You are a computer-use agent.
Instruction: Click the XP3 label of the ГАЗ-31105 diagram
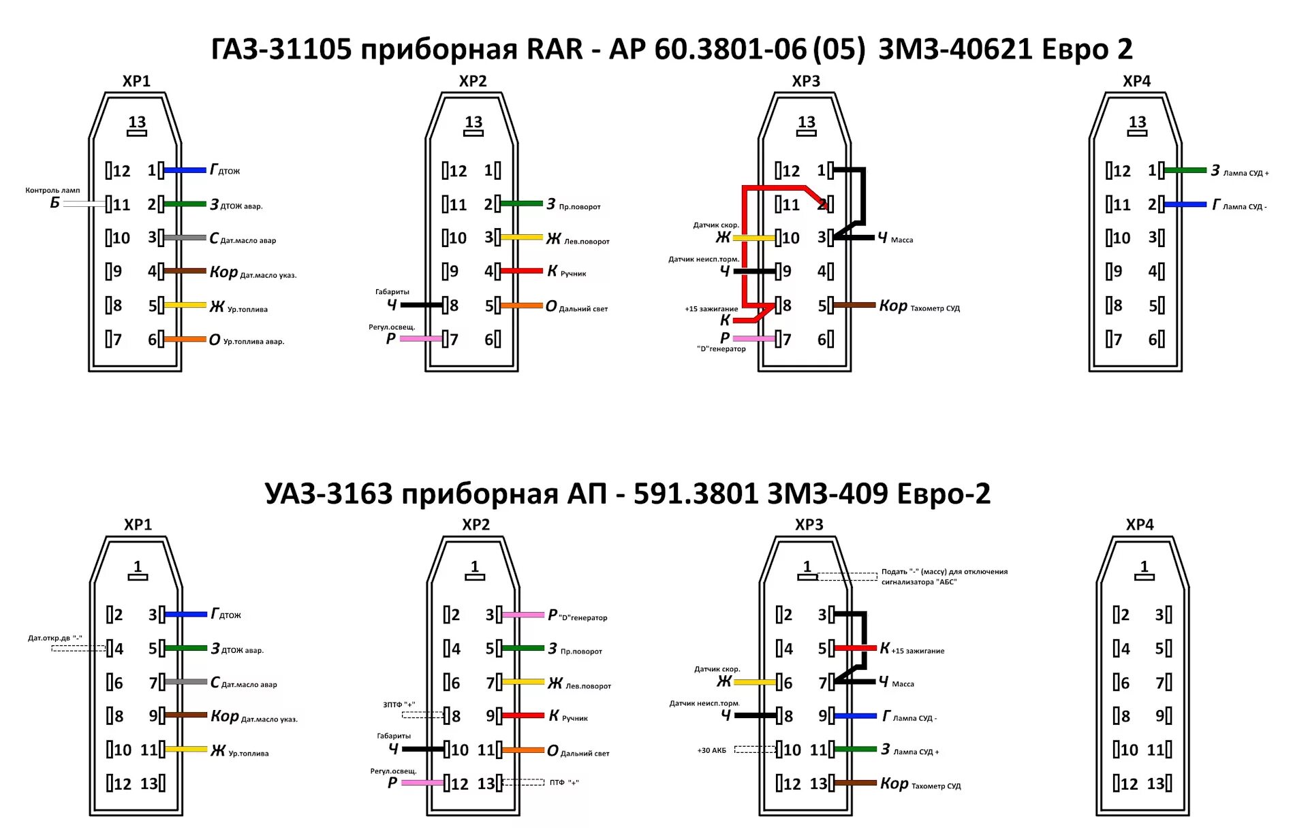[x=806, y=81]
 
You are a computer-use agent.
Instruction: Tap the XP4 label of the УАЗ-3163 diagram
[x=1140, y=525]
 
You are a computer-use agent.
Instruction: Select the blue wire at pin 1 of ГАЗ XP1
[x=185, y=170]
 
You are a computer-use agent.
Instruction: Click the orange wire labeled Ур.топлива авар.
[x=185, y=339]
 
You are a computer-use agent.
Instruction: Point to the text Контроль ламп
[x=52, y=191]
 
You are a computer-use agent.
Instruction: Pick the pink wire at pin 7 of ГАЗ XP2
[x=421, y=338]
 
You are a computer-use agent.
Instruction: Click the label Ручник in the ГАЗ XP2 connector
[x=573, y=274]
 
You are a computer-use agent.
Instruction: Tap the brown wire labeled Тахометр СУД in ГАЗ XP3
[x=855, y=305]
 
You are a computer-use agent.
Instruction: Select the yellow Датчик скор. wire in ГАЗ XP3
[x=753, y=238]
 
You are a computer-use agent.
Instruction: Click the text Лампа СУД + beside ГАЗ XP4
[x=1246, y=174]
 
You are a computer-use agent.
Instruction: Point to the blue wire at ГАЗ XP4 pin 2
[x=1185, y=204]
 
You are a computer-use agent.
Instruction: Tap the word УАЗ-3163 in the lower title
[x=328, y=494]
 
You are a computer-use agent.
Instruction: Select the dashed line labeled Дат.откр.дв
[x=78, y=648]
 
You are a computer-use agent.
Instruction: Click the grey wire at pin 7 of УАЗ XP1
[x=186, y=681]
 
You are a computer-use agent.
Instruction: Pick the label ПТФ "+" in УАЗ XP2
[x=564, y=783]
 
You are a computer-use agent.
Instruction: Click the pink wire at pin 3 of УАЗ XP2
[x=523, y=615]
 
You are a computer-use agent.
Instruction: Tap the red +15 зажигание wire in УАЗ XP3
[x=856, y=648]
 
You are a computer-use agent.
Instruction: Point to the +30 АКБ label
[x=711, y=750]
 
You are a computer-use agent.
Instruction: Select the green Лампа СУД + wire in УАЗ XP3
[x=856, y=749]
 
